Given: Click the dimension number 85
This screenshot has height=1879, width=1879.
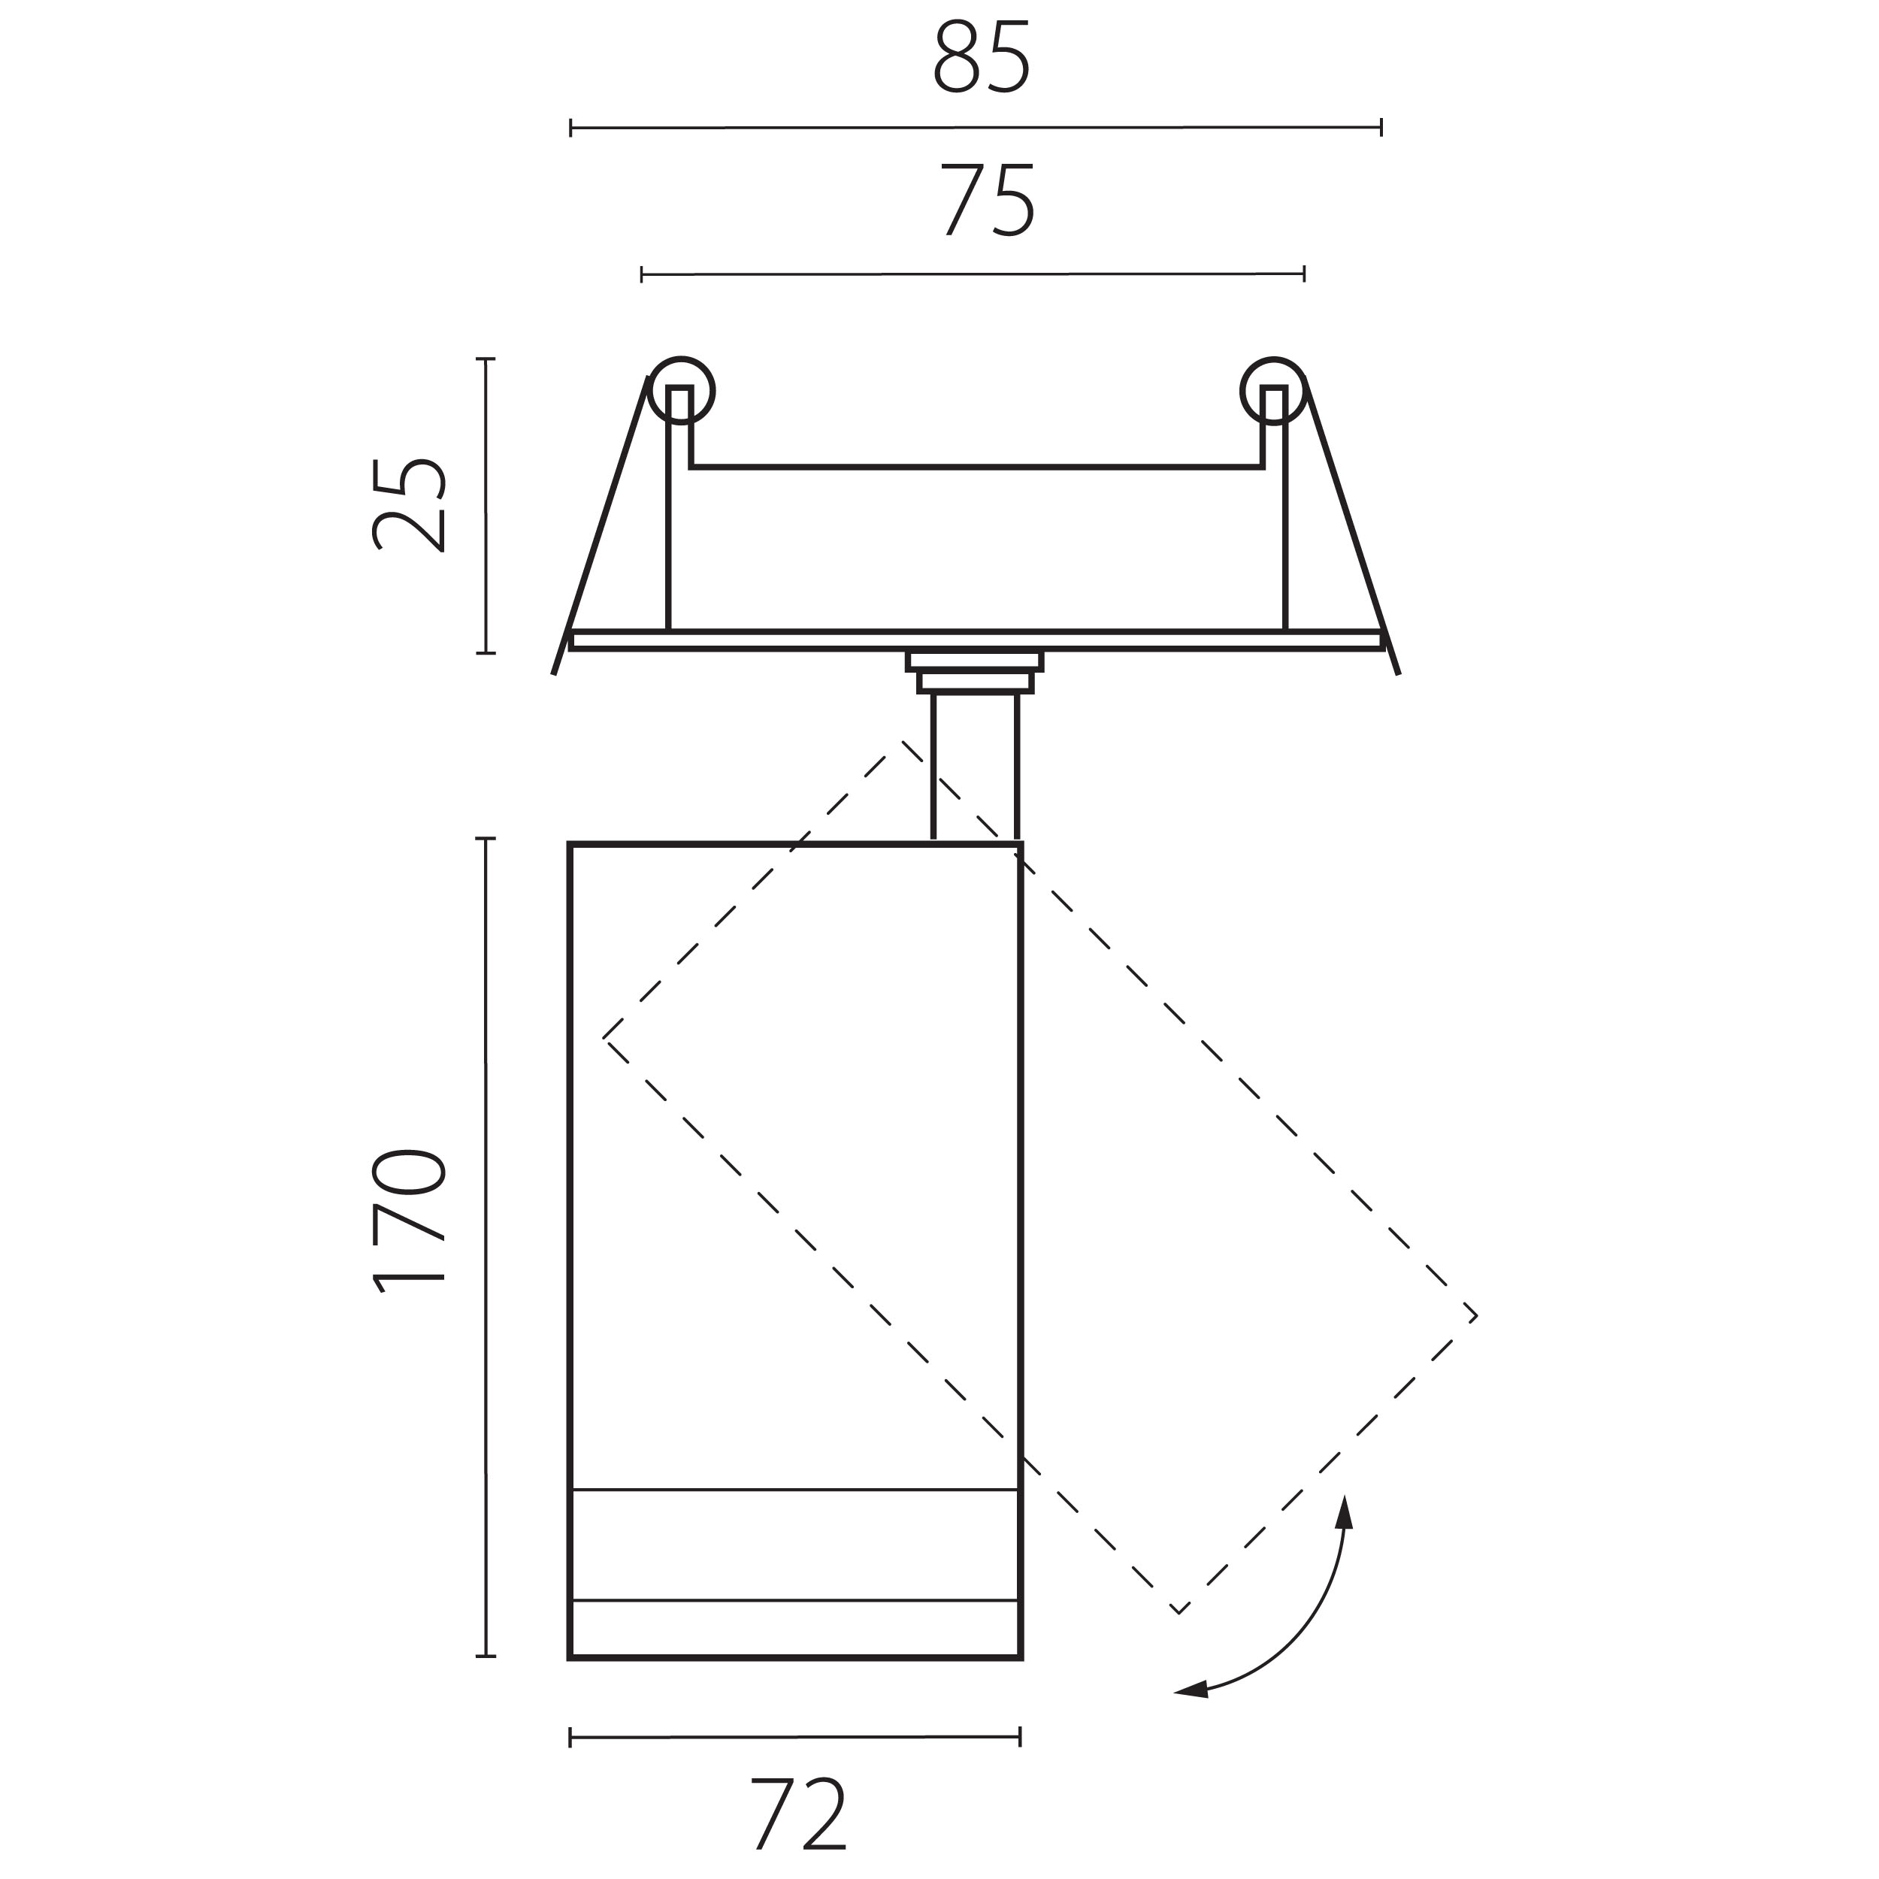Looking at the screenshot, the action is pos(982,59).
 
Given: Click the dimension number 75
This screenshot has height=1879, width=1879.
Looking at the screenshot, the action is pos(987,201).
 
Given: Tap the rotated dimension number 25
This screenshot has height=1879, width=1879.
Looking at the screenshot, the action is pos(410,505).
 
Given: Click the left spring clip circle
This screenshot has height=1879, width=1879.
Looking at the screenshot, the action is pos(681,391).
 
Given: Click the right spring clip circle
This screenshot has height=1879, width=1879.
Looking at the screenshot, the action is pos(1274,391).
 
